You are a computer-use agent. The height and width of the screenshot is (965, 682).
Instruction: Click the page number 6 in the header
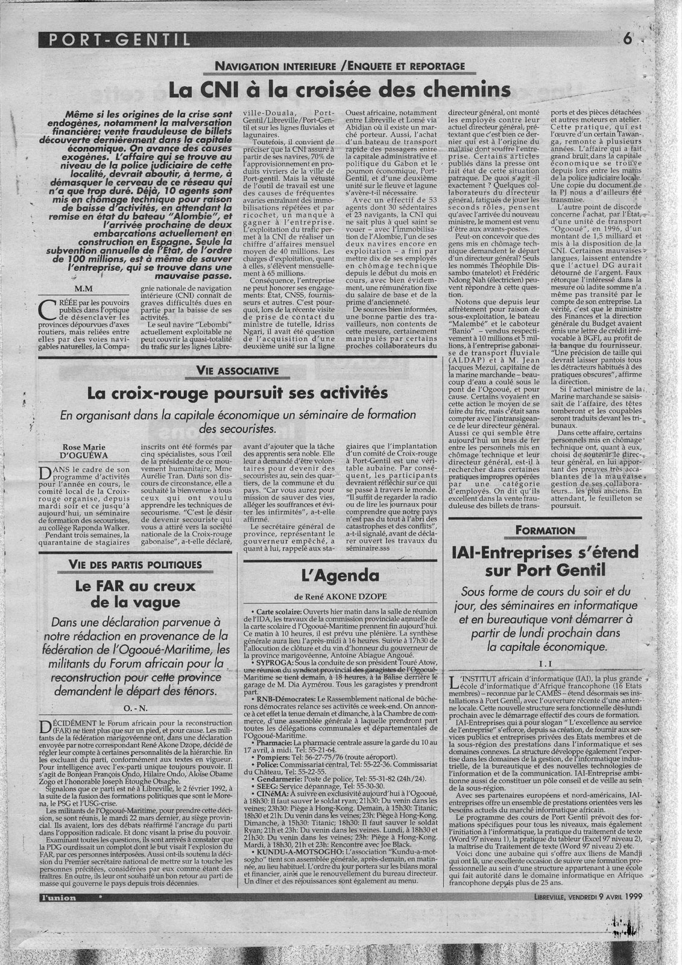click(x=628, y=40)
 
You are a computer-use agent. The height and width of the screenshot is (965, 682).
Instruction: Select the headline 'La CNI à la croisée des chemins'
click(x=339, y=90)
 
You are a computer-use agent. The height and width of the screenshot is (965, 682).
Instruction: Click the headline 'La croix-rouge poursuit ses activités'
click(x=237, y=393)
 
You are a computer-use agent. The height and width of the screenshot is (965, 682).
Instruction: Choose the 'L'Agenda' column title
click(x=340, y=575)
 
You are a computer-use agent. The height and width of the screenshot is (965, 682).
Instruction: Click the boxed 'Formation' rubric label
click(x=545, y=530)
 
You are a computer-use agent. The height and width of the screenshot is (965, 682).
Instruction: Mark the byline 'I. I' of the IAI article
click(x=544, y=663)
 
